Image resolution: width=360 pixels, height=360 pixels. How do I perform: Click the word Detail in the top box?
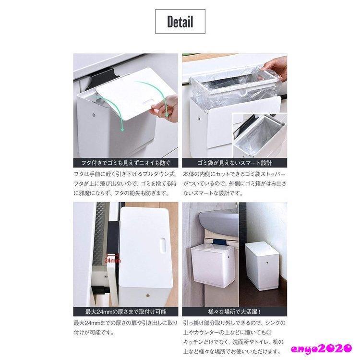click(x=180, y=22)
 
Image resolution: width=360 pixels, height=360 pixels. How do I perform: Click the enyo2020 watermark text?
click(x=322, y=348)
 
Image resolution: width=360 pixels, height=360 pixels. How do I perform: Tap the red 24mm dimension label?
click(x=112, y=261)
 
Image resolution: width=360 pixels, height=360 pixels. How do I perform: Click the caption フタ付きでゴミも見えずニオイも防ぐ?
click(x=126, y=163)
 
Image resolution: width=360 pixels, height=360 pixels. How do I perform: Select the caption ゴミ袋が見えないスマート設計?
click(x=235, y=163)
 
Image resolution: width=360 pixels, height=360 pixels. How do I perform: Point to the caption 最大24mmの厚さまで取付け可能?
click(x=126, y=312)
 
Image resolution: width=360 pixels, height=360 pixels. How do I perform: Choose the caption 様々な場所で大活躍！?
click(x=235, y=312)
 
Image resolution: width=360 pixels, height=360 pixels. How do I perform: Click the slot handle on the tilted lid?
click(x=149, y=102)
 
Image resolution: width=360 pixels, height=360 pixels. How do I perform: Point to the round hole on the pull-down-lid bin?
click(x=94, y=114)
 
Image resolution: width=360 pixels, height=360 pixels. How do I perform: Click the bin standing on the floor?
click(x=262, y=266)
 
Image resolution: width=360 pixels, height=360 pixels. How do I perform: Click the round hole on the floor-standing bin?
click(x=268, y=262)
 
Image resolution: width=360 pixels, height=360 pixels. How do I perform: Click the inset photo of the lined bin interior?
click(x=259, y=135)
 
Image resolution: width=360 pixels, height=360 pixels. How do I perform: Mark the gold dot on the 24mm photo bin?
click(x=148, y=295)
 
